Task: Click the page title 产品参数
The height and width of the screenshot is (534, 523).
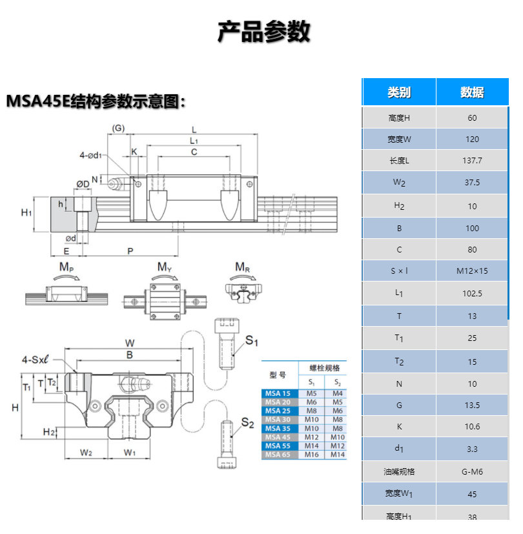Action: coord(263,31)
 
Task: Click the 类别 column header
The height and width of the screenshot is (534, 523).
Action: coord(399,92)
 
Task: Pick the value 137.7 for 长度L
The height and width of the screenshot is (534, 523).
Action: coord(472,160)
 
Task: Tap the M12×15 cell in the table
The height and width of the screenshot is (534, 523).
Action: coord(472,271)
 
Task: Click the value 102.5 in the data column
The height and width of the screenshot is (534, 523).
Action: coord(472,293)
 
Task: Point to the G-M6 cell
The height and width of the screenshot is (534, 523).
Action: coord(472,471)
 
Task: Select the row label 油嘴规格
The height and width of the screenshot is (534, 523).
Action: coord(399,471)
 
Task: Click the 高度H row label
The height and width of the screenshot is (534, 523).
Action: coord(399,118)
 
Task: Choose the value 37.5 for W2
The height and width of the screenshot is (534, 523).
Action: coord(472,183)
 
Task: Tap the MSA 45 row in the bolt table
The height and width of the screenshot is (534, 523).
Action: coord(278,437)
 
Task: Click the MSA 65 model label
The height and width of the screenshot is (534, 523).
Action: coord(278,455)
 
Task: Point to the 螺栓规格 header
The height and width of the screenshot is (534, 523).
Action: coord(323,368)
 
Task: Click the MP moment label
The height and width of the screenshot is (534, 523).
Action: coord(67,267)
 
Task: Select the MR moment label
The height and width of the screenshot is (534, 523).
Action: coord(243,267)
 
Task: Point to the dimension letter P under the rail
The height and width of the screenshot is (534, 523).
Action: coord(130,251)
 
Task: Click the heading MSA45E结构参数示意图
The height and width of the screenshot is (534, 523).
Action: coord(96,101)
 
